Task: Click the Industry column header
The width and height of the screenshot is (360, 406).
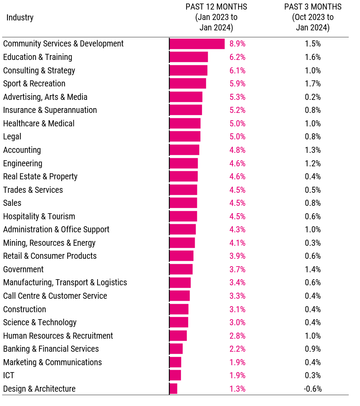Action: [x=20, y=18]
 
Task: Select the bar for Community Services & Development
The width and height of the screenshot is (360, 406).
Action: [x=197, y=44]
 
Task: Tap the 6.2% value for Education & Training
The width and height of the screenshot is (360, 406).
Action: [x=237, y=57]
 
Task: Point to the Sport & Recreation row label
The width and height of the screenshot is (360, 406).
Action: [x=34, y=84]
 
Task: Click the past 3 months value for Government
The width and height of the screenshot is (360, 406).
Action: [x=313, y=270]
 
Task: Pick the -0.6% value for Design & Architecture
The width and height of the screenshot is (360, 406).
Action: [x=313, y=389]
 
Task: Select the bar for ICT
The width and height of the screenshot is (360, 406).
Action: [x=175, y=376]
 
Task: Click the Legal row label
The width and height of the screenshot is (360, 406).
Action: [x=12, y=137]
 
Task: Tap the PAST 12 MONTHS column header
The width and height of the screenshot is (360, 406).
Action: [x=216, y=17]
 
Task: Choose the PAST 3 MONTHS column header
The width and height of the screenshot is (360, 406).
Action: [x=313, y=17]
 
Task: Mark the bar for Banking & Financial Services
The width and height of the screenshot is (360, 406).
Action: [x=176, y=349]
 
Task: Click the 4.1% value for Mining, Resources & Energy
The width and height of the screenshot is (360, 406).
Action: [x=237, y=243]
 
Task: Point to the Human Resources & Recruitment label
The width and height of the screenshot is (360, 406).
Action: [x=58, y=336]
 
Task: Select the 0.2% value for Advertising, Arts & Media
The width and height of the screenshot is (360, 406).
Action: [x=313, y=97]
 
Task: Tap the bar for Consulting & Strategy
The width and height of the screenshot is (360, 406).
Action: [x=188, y=71]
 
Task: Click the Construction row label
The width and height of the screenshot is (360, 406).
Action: [x=25, y=310]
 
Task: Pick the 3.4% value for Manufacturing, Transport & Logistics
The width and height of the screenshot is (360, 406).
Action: [x=237, y=283]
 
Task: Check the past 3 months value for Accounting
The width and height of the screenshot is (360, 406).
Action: [x=313, y=150]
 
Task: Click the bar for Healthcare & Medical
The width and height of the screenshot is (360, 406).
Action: [x=185, y=124]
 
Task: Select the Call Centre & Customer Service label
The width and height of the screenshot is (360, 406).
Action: [x=55, y=296]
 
